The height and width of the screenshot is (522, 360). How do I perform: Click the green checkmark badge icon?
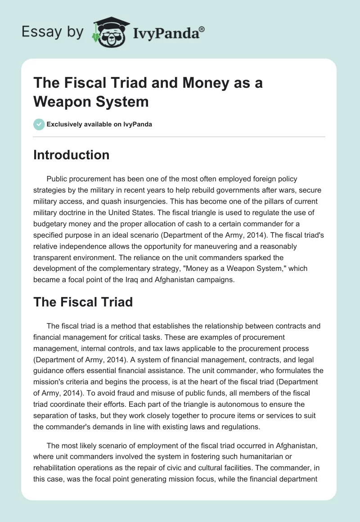click(x=39, y=124)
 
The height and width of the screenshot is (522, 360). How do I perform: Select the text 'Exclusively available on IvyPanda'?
click(x=99, y=125)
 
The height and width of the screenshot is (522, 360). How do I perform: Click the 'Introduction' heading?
click(x=71, y=155)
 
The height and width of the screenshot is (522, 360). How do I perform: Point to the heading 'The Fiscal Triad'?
click(x=83, y=301)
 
